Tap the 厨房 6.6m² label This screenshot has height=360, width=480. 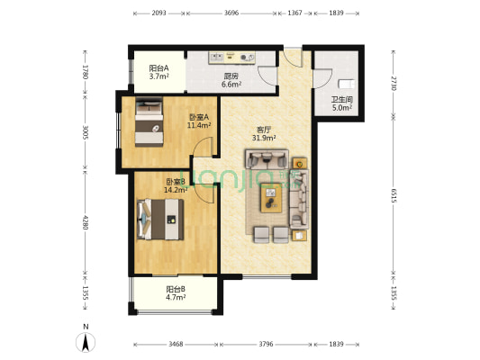231,81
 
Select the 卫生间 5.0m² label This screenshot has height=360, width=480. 341,103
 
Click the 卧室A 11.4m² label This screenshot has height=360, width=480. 199,121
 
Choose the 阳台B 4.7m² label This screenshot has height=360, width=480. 176,292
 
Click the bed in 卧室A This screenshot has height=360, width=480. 148,122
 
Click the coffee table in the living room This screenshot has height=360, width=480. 271,202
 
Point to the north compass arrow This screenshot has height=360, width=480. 85,341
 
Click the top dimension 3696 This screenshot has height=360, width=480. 231,13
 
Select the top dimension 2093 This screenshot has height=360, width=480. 159,13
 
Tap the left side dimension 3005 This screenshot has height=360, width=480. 84,133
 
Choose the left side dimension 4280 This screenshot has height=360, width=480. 84,221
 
